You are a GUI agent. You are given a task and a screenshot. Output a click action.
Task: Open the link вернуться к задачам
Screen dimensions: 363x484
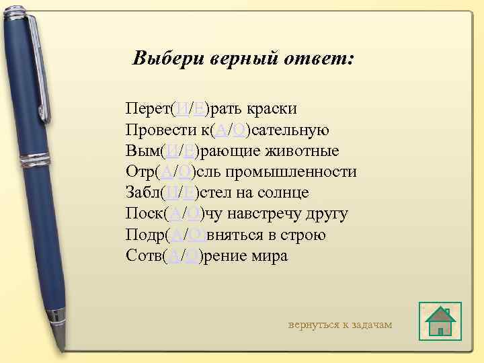339,325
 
